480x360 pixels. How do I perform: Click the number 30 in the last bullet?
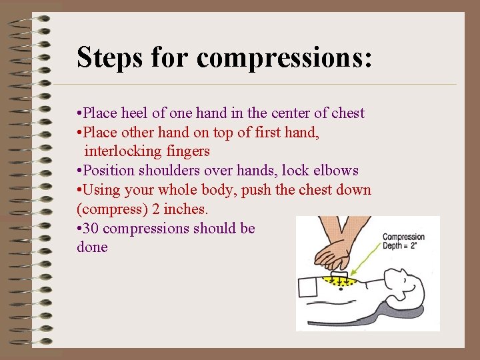point(93,228)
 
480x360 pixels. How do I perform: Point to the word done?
point(92,247)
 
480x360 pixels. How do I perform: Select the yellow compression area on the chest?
point(336,282)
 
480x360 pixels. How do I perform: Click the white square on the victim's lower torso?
point(311,287)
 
